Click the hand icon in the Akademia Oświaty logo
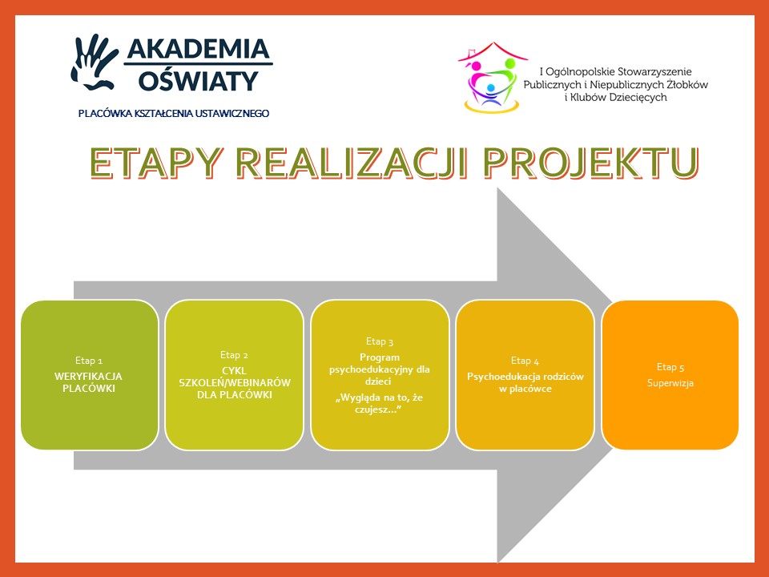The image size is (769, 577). (95, 62)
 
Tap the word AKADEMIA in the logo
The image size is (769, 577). (199, 49)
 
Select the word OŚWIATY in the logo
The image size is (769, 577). (198, 80)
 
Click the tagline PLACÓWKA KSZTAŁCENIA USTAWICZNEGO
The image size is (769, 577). (174, 113)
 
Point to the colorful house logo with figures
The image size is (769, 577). (492, 78)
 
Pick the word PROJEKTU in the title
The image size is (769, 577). (591, 163)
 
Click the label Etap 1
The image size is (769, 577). (89, 361)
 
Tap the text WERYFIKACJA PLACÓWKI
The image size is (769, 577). (88, 382)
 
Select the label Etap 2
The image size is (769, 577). (234, 355)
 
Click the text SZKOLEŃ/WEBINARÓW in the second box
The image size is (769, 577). (235, 383)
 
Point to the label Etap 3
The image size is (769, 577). (380, 341)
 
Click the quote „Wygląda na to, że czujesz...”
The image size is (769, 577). (379, 403)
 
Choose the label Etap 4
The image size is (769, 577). (525, 361)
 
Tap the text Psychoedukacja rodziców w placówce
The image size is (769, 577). (525, 383)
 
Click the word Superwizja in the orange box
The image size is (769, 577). (670, 383)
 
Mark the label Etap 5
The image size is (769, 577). (670, 367)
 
